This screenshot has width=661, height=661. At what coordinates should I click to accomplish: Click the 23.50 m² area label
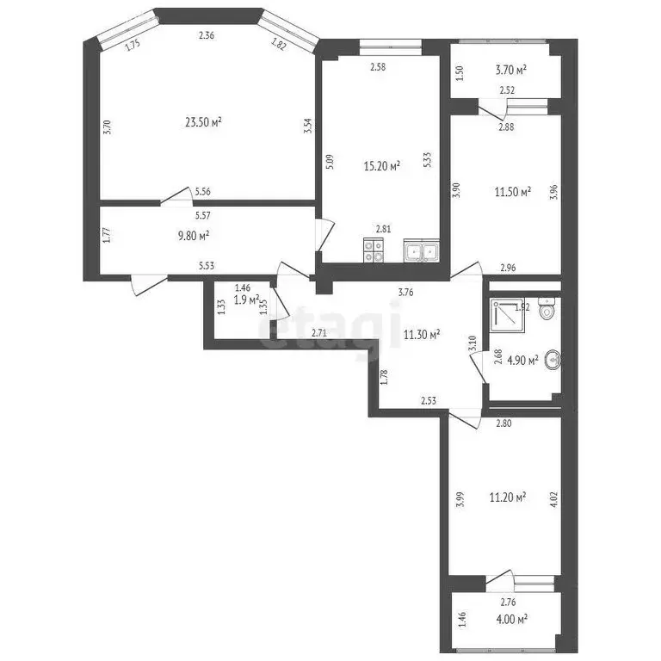[203, 123]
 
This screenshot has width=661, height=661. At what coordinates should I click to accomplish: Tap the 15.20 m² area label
[382, 167]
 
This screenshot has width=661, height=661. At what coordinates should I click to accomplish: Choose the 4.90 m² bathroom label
[522, 360]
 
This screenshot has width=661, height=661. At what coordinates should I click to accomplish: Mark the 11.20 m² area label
[508, 497]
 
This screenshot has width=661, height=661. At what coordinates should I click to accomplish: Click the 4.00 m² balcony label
[510, 618]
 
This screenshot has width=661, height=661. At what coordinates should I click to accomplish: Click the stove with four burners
[375, 250]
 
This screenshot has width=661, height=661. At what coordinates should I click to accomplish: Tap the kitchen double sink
[422, 251]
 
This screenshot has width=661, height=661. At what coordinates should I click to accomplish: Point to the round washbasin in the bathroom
[552, 360]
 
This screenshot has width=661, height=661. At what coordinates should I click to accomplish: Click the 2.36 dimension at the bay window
[207, 35]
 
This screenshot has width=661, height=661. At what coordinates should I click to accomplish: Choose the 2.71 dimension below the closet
[318, 332]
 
